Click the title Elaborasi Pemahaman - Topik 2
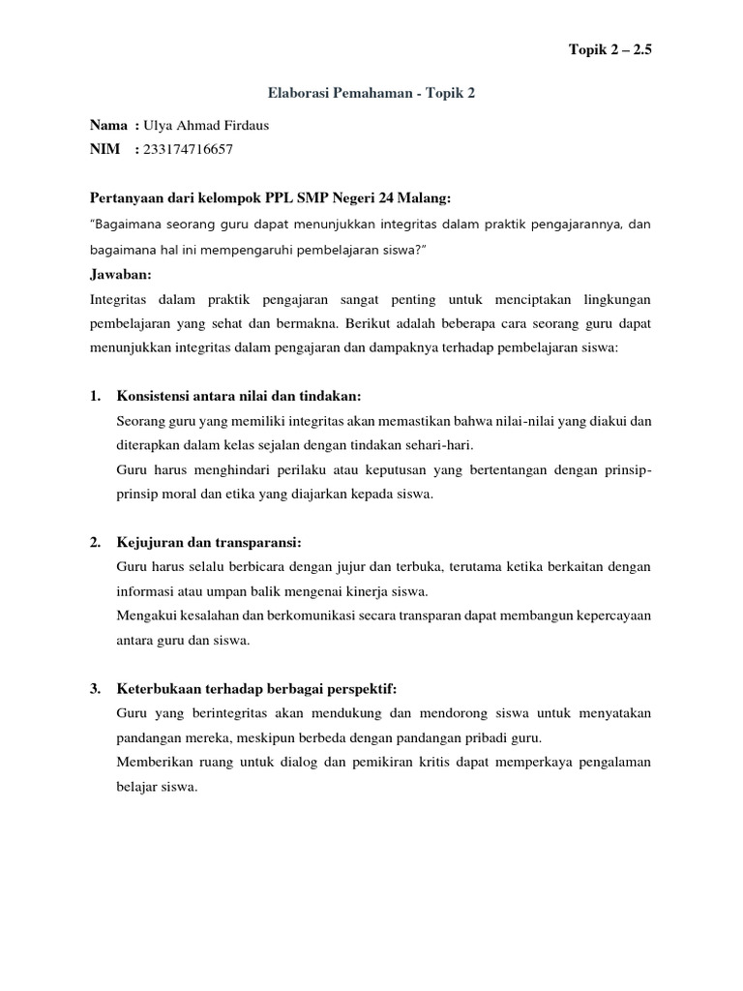coord(371,94)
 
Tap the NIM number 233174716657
coord(188,149)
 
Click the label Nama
coord(108,125)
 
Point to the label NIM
coord(104,149)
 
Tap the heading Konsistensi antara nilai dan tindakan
coord(238,396)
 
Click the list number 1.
coord(95,396)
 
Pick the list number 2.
coord(95,542)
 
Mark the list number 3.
coord(95,688)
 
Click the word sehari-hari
coord(437,444)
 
